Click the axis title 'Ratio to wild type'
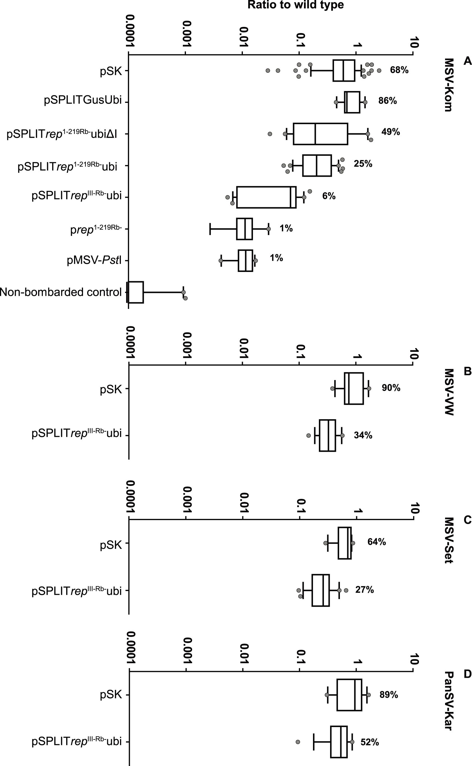295,5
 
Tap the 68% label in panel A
399,70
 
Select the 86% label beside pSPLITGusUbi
387,101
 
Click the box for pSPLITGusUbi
352,102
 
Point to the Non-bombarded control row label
61,292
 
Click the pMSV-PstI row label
94,260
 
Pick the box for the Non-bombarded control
135,292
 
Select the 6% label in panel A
329,196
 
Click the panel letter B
467,371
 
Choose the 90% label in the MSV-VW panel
391,388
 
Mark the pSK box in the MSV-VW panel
354,388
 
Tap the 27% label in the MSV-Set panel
364,590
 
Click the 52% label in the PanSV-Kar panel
370,742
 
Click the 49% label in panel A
390,132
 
